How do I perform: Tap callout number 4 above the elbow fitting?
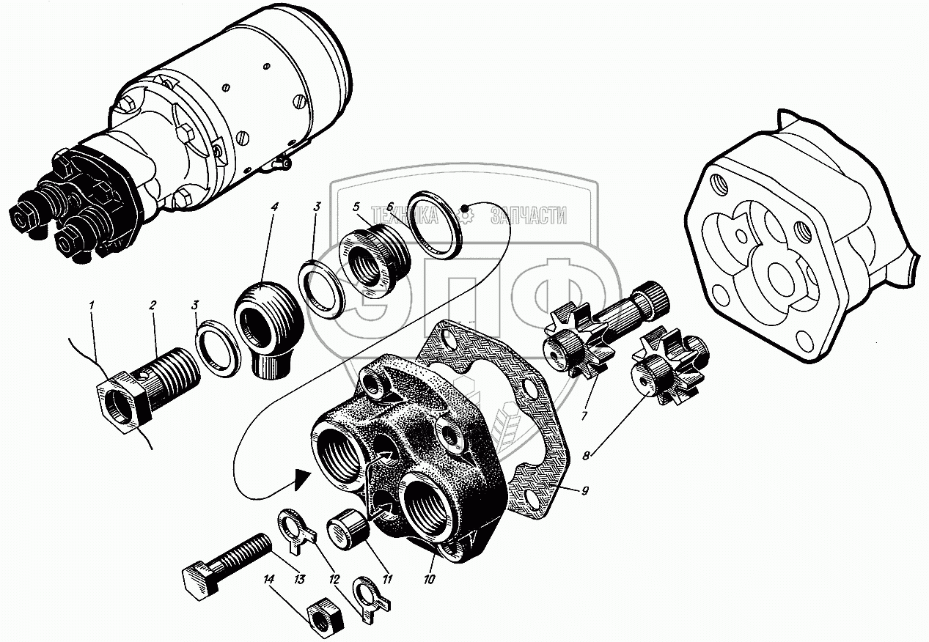coord(274,207)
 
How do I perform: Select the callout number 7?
coord(584,416)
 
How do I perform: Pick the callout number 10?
coord(429,579)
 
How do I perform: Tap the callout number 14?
coord(270,579)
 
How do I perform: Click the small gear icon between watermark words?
coord(465,214)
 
